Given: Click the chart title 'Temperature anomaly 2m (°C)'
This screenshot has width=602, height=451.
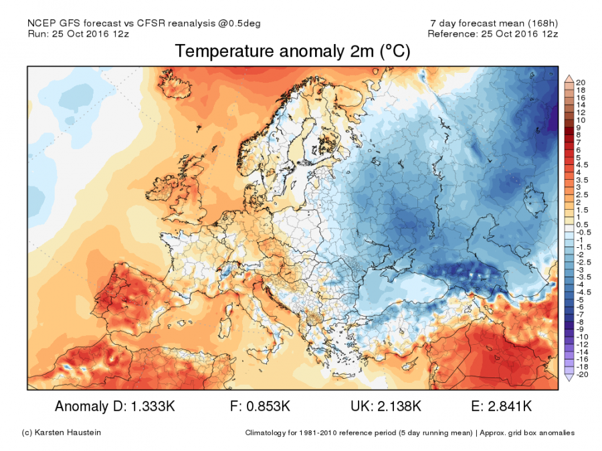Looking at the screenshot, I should click(x=292, y=51).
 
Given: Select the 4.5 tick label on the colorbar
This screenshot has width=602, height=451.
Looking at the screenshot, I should click(x=581, y=164).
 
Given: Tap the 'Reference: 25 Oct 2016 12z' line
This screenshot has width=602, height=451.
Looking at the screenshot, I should click(x=493, y=33).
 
